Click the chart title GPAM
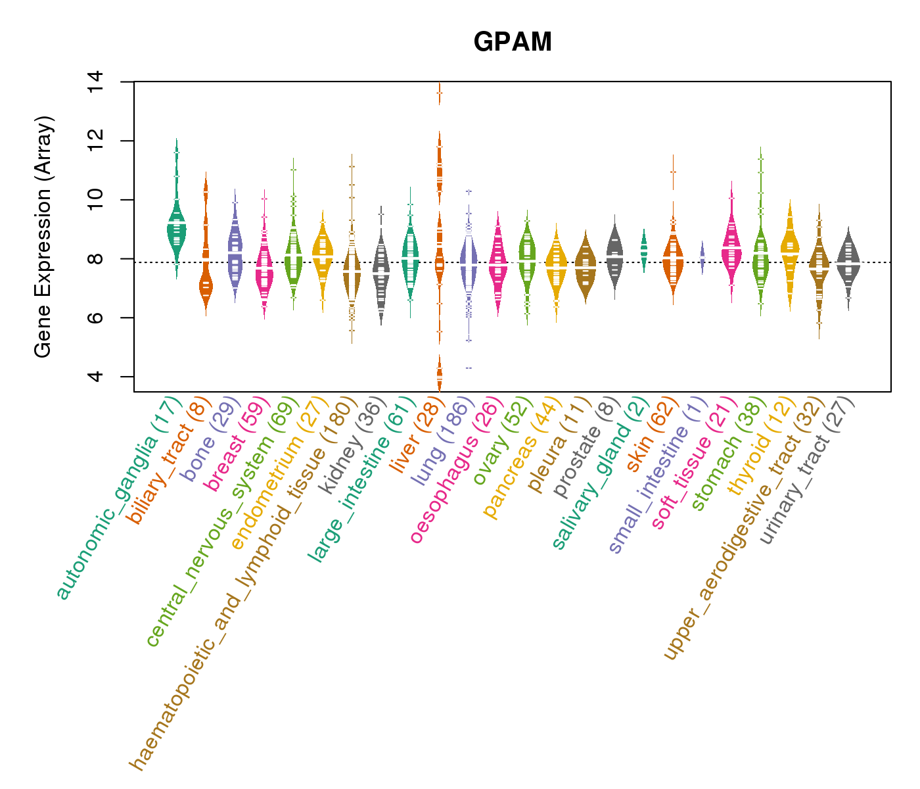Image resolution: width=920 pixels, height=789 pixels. coord(513,42)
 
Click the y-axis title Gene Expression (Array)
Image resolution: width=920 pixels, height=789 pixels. coord(43,237)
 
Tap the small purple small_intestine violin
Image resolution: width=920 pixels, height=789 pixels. coord(702,256)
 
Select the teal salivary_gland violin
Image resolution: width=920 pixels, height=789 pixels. coord(644,250)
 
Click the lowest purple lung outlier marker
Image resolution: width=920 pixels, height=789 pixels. coord(469,368)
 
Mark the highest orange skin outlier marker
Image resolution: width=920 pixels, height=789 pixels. coord(673,172)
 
